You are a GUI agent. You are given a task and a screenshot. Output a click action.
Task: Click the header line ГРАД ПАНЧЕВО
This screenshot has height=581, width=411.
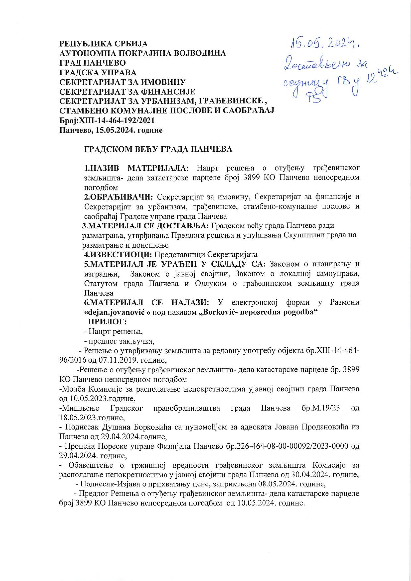92,63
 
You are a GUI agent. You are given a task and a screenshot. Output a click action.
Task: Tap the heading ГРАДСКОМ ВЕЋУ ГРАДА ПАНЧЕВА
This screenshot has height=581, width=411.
158,149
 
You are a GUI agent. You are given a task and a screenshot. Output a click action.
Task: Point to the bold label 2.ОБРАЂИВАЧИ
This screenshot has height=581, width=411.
118,197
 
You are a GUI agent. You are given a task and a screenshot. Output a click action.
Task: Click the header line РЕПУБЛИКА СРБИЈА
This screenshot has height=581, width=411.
103,44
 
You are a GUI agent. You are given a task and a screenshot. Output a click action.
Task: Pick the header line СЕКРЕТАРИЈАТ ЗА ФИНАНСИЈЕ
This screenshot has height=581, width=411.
127,92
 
